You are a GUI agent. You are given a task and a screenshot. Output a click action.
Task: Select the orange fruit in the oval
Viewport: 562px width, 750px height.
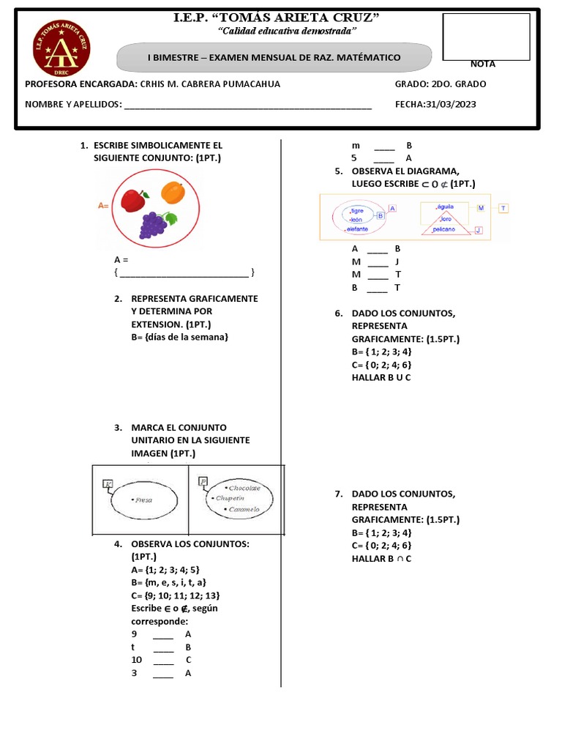[172, 192]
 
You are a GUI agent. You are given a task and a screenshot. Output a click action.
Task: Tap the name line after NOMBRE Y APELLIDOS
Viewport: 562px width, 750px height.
[248, 105]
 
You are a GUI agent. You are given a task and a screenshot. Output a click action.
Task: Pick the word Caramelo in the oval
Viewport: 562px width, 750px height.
[244, 509]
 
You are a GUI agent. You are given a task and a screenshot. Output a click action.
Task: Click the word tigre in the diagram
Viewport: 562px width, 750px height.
[357, 210]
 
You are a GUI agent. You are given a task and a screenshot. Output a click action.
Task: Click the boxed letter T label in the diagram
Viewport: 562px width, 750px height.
[503, 209]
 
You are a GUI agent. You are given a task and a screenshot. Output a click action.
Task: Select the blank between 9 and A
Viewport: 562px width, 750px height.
[163, 634]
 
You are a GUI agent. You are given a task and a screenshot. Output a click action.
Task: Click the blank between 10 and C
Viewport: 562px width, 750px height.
[163, 661]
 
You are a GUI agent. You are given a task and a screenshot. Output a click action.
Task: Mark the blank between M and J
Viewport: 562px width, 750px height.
[378, 262]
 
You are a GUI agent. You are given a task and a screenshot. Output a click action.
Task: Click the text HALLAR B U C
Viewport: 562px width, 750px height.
[381, 378]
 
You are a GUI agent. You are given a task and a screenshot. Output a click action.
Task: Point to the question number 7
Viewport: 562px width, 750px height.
[339, 494]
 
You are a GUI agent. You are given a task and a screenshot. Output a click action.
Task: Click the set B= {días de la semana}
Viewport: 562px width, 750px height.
[180, 337]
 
